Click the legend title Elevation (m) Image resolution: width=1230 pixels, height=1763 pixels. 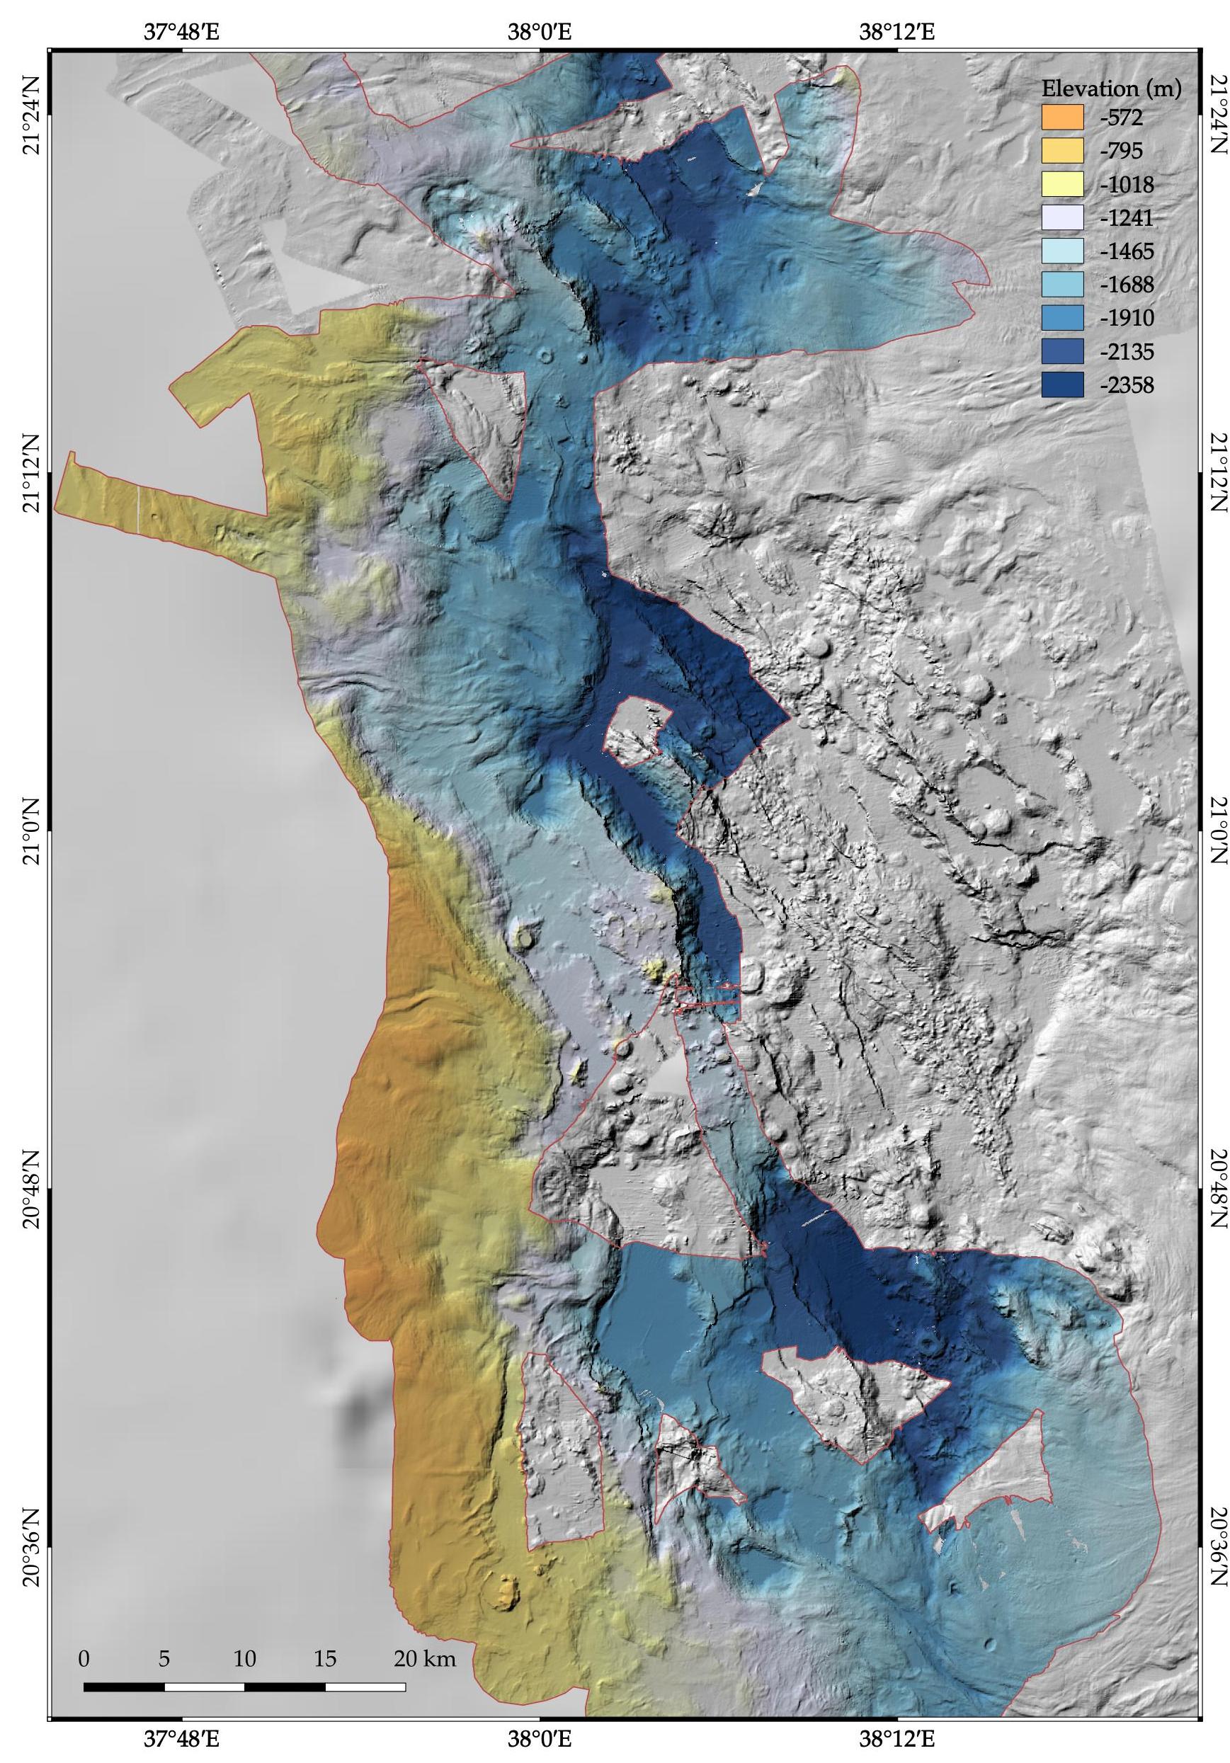(x=1110, y=89)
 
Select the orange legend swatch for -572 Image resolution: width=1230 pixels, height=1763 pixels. (x=1062, y=118)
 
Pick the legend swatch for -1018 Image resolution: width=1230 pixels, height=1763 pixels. (x=1062, y=185)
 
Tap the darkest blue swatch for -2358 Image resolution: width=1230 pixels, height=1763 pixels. (x=1062, y=384)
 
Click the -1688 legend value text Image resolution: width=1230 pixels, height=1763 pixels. (x=1127, y=285)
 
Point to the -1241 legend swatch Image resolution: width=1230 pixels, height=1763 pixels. (x=1062, y=218)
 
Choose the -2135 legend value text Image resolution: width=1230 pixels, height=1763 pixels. (x=1127, y=352)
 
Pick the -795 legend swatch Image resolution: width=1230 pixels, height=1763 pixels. (x=1062, y=152)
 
